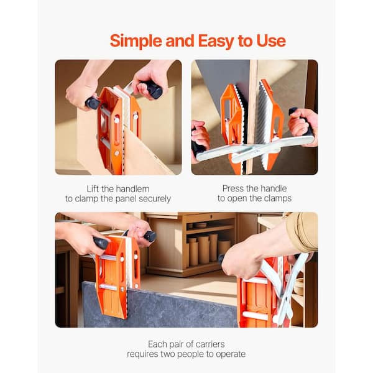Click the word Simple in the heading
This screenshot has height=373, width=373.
[136, 42]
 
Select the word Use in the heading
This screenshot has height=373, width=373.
[271, 41]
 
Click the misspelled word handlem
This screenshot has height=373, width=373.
[133, 189]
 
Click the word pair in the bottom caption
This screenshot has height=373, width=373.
[175, 344]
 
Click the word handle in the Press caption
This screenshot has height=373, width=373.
[273, 188]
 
